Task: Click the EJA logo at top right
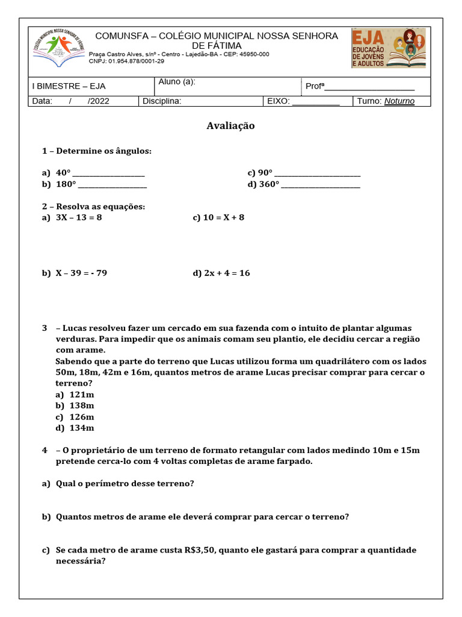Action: point(388,48)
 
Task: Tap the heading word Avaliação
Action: point(230,126)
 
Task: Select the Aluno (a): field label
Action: point(177,82)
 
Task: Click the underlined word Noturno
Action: point(399,101)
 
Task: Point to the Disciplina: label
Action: point(162,101)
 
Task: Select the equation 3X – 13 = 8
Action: point(79,218)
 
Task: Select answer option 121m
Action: point(82,394)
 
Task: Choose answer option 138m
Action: point(82,406)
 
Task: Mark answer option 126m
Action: point(82,417)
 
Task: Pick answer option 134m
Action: point(82,428)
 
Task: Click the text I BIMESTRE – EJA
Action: point(69,86)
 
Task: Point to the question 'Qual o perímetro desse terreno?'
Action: point(125,483)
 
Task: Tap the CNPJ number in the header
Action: point(126,61)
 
